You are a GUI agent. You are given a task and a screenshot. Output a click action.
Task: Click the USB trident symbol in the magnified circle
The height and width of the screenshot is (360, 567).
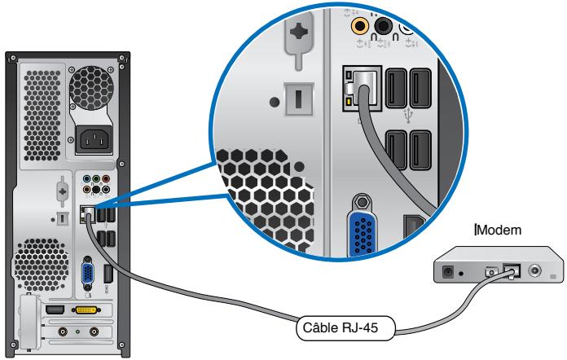pyautogui.click(x=409, y=115)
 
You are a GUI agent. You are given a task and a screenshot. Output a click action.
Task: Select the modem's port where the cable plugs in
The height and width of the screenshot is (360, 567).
pyautogui.click(x=512, y=271)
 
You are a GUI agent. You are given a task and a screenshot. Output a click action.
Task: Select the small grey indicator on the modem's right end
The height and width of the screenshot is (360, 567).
pyautogui.click(x=554, y=278)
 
